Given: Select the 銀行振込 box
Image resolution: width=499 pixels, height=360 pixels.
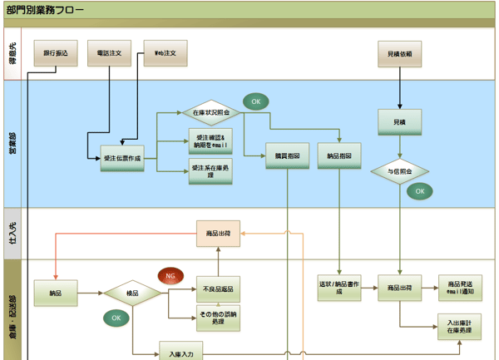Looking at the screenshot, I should [x=56, y=54].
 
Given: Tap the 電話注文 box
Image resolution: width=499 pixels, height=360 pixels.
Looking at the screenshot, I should [x=110, y=54].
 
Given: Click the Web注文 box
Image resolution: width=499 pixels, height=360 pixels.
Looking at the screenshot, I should [x=166, y=54].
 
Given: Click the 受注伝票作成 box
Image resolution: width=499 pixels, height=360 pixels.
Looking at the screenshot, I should [x=121, y=157].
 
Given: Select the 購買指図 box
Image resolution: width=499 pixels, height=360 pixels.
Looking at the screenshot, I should [x=288, y=156].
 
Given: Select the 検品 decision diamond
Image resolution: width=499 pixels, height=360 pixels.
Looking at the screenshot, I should [x=132, y=293].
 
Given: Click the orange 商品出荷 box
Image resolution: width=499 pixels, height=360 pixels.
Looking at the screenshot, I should [x=218, y=234].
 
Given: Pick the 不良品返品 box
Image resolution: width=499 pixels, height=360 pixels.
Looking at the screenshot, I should [x=218, y=288].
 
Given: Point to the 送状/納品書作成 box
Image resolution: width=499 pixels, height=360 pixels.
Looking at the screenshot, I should [x=339, y=288].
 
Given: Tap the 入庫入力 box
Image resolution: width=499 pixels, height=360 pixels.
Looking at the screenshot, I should [x=180, y=353].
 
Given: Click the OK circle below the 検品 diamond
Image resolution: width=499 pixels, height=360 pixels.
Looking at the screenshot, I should [x=116, y=318].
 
